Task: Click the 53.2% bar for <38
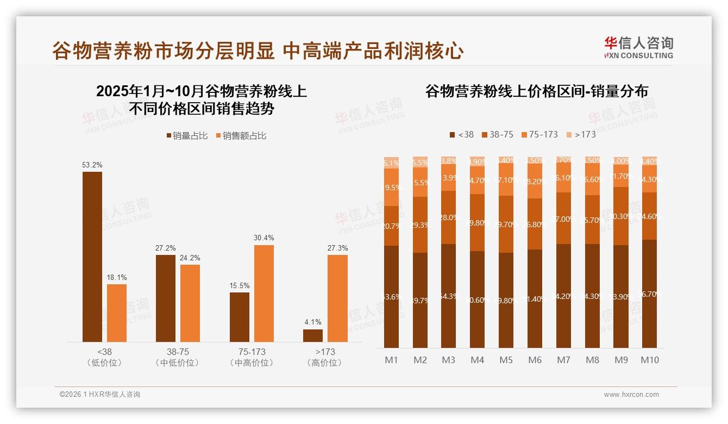click(x=92, y=257)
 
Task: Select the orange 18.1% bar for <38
click(x=117, y=313)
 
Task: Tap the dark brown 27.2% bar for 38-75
click(x=166, y=298)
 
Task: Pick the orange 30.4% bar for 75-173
click(x=263, y=293)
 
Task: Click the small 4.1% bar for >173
click(x=313, y=335)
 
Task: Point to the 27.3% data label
click(x=337, y=248)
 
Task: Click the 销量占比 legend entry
click(x=187, y=136)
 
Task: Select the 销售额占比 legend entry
click(x=241, y=136)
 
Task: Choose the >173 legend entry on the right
click(x=581, y=134)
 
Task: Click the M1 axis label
click(x=391, y=360)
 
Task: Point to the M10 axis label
click(x=650, y=360)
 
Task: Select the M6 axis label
click(x=535, y=360)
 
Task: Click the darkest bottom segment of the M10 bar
click(x=650, y=294)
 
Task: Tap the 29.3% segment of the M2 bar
click(x=420, y=225)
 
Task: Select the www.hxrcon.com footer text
click(x=631, y=395)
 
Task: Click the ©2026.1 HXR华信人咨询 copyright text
click(x=100, y=395)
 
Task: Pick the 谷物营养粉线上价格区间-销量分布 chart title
click(x=537, y=91)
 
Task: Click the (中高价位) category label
click(x=252, y=363)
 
